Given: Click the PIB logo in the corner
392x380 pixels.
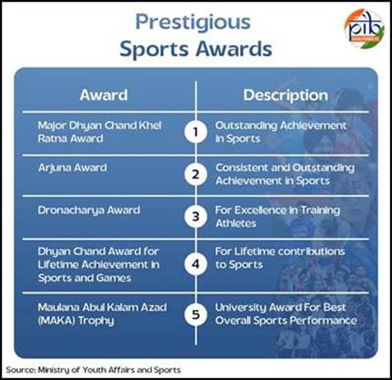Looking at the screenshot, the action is point(364,28).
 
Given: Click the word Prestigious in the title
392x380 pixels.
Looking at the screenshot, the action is point(193,23).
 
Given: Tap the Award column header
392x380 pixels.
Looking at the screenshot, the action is point(104,95).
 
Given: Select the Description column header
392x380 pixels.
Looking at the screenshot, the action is point(286,96).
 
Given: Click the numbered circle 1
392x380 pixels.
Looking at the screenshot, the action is point(196,132).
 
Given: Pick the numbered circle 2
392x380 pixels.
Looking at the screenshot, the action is point(196,174).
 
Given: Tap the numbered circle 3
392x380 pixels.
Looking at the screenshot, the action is point(196,217).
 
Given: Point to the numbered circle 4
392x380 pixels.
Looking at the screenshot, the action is point(196,264).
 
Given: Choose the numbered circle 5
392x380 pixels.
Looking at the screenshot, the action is point(196,315).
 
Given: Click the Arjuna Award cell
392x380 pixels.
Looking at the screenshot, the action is point(72,168).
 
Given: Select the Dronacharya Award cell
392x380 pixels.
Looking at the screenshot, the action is point(89,211).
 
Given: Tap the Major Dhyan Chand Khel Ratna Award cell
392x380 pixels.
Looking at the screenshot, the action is point(100,132).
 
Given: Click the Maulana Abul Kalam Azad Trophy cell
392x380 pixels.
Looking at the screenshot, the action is point(102,315).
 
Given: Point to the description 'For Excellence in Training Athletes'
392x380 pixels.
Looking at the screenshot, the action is point(278,217).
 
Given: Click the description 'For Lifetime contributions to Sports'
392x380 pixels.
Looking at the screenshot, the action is point(280,258).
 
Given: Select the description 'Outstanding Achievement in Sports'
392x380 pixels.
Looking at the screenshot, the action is point(281,132).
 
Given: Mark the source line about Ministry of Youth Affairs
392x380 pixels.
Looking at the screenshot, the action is point(93,370).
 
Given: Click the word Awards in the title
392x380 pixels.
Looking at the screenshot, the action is point(234,49).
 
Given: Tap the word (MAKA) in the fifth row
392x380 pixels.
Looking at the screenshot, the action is point(56,321).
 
